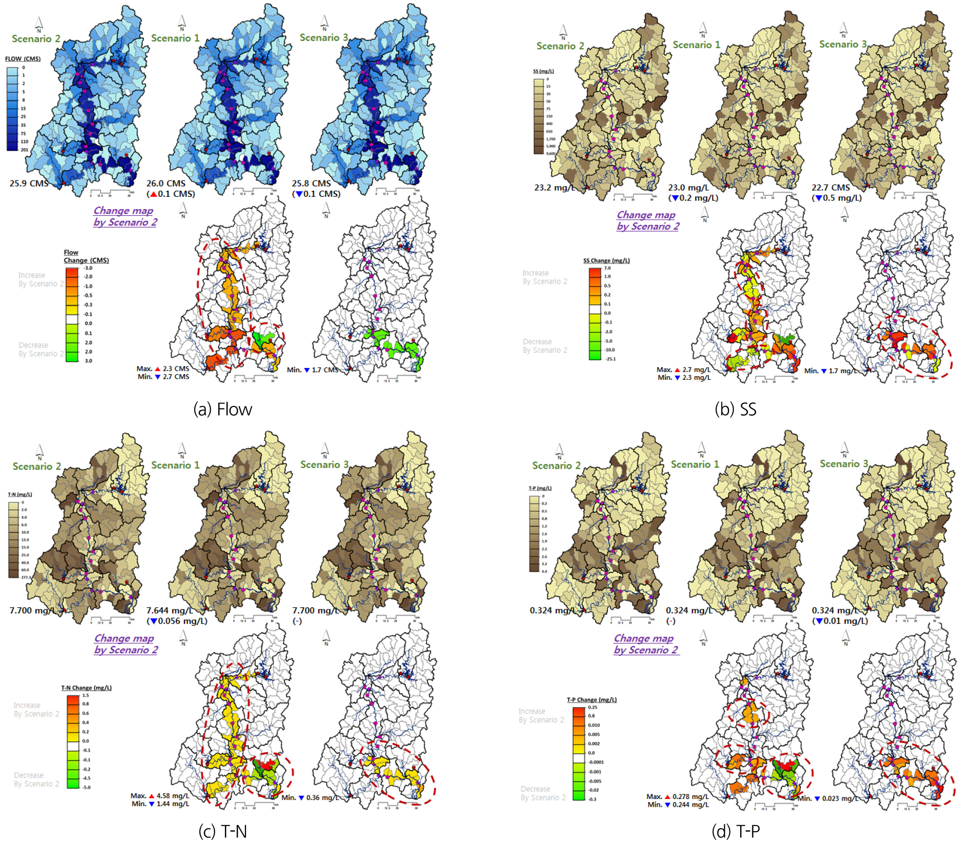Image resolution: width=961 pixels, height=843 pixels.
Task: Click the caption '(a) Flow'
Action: (222, 409)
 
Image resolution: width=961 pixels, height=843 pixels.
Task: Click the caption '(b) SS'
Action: (735, 409)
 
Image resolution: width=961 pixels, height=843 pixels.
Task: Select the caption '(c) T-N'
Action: (222, 831)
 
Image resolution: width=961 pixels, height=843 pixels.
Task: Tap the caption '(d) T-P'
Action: (735, 831)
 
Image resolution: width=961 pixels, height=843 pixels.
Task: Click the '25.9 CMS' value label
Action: (29, 183)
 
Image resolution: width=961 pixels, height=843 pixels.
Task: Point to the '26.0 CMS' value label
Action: (166, 183)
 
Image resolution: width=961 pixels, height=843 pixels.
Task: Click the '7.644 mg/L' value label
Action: (169, 610)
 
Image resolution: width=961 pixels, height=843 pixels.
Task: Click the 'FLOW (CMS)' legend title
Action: (22, 59)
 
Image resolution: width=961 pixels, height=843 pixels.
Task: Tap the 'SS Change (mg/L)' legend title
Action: (606, 261)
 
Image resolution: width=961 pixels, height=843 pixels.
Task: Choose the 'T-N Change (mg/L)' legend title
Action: (86, 688)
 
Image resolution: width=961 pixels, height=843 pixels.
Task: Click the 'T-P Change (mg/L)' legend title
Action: (591, 700)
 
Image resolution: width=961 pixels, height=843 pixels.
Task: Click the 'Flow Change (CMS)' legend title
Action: (86, 257)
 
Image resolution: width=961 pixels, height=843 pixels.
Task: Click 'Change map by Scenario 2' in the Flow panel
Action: (125, 216)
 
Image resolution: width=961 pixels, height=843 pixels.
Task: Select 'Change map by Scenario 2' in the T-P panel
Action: (646, 644)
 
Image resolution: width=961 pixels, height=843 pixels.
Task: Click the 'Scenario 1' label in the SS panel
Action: (696, 45)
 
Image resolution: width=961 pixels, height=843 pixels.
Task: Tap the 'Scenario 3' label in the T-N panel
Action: (324, 465)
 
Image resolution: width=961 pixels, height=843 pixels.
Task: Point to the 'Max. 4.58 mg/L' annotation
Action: (159, 796)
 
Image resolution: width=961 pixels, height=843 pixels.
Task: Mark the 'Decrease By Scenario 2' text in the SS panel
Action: (544, 346)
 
